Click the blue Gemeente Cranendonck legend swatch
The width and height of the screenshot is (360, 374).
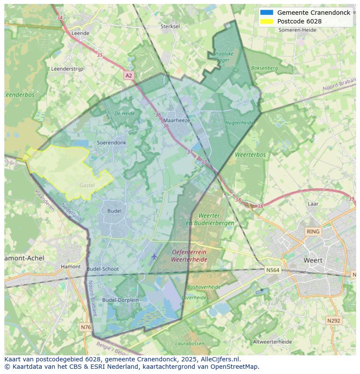click(267, 13)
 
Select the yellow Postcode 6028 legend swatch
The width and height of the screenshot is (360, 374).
click(267, 21)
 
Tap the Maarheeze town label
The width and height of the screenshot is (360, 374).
click(177, 120)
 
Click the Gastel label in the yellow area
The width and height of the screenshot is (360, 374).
click(87, 185)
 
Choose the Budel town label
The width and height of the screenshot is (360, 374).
click(114, 211)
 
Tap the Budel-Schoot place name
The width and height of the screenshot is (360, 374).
click(103, 269)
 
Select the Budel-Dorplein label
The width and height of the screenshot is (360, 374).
click(120, 300)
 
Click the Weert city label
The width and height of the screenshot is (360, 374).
click(313, 260)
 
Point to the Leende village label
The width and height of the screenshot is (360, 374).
click(80, 33)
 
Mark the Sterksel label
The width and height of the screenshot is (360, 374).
click(170, 26)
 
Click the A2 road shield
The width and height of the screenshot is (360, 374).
click(128, 76)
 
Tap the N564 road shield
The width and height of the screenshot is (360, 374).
click(273, 270)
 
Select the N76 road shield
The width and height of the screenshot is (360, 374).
click(86, 327)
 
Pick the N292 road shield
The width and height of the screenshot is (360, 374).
click(333, 321)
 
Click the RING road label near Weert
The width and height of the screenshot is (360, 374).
click(313, 232)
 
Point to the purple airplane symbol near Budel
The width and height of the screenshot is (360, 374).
click(154, 256)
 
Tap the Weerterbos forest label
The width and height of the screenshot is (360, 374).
click(250, 155)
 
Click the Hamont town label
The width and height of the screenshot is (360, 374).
click(70, 267)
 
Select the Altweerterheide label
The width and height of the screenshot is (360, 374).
click(273, 342)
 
